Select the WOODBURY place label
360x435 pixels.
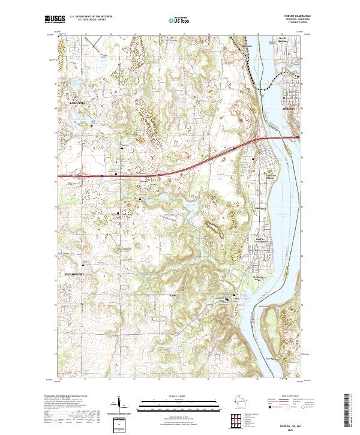[74, 274]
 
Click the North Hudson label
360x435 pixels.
[287, 40]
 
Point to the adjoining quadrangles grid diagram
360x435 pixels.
[235, 421]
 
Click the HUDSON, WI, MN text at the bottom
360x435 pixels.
[291, 424]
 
